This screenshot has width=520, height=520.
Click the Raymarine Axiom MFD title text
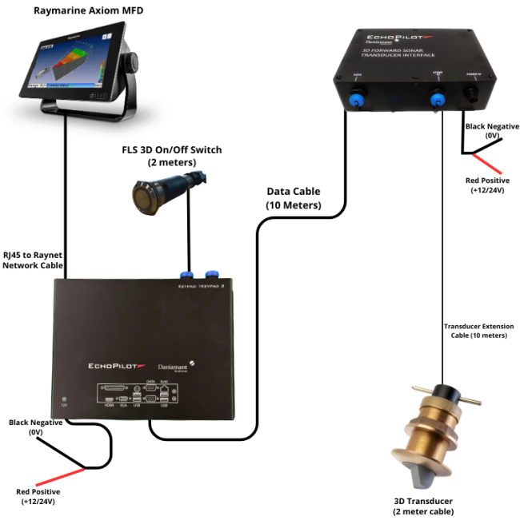click(82, 11)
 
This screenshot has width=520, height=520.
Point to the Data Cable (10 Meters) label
click(293, 198)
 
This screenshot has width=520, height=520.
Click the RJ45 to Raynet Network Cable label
click(33, 260)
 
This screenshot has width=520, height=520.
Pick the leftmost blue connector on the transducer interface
click(358, 98)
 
